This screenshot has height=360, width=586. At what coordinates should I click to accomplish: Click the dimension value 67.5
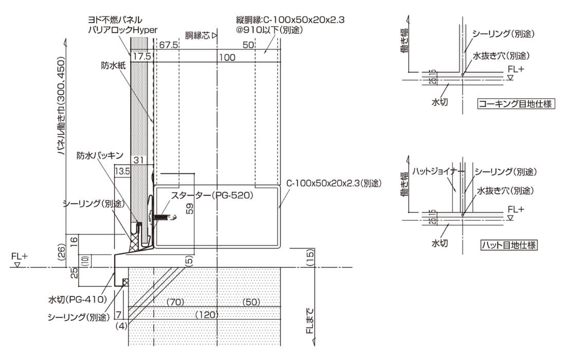tap(169, 45)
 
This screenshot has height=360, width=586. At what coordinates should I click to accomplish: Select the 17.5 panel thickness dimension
tap(142, 56)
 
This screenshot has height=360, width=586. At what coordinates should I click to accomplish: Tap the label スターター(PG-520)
tap(212, 195)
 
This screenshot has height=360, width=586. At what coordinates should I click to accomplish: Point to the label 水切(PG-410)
tap(77, 299)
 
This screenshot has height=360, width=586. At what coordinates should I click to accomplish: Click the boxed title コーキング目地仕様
tap(516, 103)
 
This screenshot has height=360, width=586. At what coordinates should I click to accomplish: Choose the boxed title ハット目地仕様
tap(509, 245)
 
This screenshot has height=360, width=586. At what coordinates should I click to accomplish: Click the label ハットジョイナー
tap(438, 172)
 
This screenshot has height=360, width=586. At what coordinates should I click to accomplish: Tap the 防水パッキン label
tap(100, 155)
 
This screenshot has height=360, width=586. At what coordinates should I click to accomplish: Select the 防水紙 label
tap(113, 65)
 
